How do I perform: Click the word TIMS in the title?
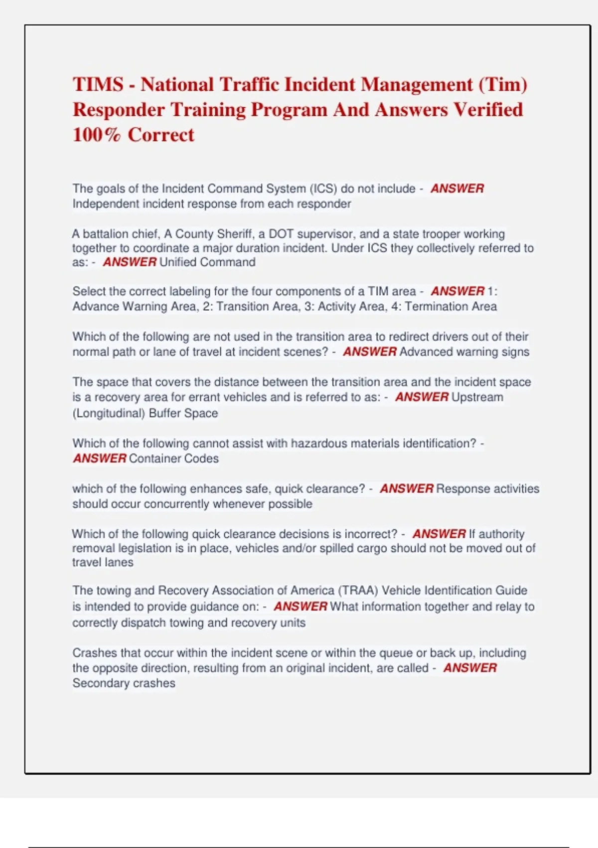click(98, 84)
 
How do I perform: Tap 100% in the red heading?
click(96, 135)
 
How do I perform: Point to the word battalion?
click(107, 234)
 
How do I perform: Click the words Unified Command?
click(207, 262)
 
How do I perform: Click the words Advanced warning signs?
click(464, 352)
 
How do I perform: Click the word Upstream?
click(477, 397)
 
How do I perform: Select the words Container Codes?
click(173, 458)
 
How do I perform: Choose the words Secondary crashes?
click(124, 683)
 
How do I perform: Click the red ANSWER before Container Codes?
click(100, 458)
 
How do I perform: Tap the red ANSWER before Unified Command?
click(130, 262)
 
